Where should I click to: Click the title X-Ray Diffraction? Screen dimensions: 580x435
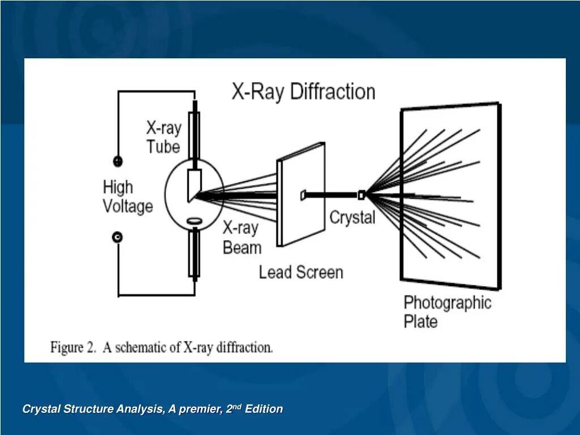coord(303,92)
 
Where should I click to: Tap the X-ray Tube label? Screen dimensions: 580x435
coord(164,137)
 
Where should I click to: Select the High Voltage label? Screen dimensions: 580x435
coord(127,196)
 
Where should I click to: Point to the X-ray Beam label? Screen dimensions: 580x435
coord(242,238)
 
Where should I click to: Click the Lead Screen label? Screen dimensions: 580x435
coord(301,272)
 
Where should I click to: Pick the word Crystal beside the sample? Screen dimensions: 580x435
coord(352,217)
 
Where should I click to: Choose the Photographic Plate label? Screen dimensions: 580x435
coord(447,312)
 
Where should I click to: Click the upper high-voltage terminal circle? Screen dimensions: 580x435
coord(118,161)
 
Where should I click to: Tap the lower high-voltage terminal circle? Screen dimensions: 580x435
coord(118,237)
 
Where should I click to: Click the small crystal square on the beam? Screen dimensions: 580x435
coord(361,195)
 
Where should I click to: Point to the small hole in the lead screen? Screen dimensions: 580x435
coord(303,195)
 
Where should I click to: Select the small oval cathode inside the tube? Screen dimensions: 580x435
coord(194,220)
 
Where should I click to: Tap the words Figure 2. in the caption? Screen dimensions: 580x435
coord(73,347)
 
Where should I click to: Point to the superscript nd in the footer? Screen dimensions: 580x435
coord(237,406)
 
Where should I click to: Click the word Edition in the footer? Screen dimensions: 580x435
coord(263,409)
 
